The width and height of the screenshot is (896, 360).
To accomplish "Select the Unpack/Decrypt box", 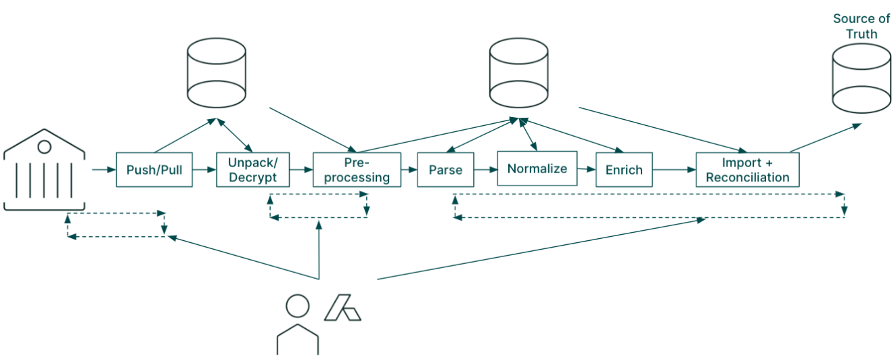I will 252,169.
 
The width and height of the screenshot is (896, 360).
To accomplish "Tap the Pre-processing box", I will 356,169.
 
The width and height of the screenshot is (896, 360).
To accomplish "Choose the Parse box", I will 445,169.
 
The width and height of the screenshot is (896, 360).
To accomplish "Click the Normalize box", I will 537,168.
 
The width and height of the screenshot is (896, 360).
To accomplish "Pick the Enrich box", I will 624,169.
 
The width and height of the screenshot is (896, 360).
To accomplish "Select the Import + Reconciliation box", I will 747,170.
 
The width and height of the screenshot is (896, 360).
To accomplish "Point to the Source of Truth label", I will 861,26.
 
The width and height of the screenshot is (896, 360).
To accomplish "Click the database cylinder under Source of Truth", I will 861,78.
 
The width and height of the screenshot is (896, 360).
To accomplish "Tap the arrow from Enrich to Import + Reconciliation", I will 674,170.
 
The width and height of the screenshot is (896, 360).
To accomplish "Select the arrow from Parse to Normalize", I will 485,169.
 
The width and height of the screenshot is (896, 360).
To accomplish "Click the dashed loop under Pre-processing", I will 318,206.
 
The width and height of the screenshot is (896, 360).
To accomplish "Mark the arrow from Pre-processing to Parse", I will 408,169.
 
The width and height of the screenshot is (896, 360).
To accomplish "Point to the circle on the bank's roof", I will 44,146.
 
